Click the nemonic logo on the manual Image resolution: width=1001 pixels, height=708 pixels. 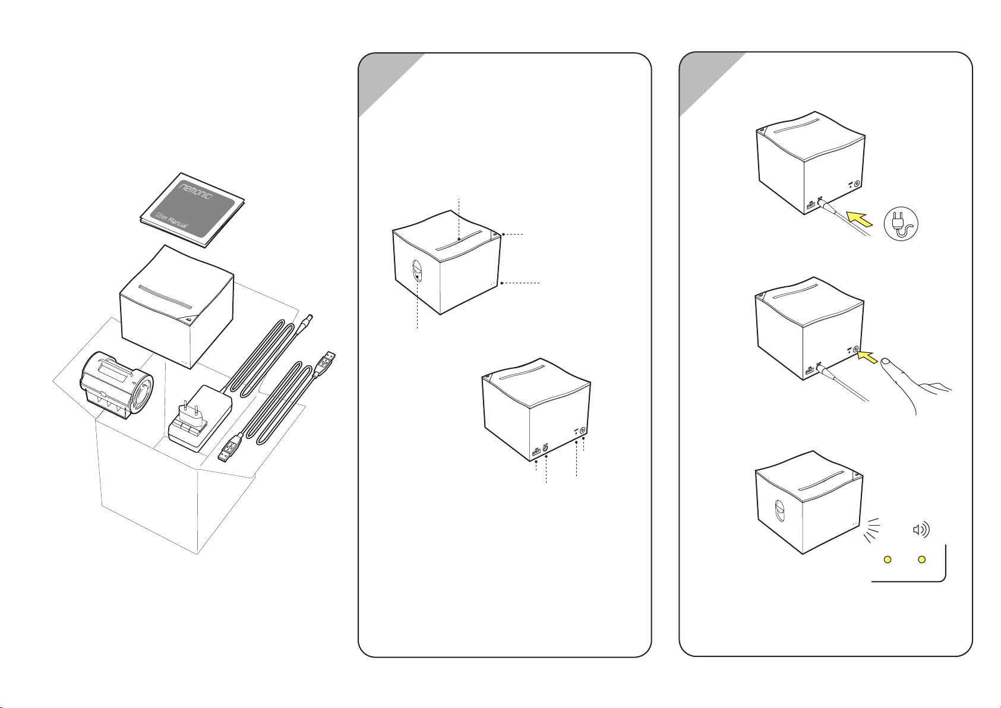pos(195,191)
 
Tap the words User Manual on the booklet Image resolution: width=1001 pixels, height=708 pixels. pos(171,221)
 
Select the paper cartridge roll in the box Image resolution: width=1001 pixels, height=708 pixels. pos(116,385)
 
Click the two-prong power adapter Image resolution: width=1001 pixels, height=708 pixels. pos(200,418)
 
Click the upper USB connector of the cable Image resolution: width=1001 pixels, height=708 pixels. pos(327,361)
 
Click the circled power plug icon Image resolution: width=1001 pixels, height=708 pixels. pos(901,224)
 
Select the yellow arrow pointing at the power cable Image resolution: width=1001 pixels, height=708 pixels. pos(860,219)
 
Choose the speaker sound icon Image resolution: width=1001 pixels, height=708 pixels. pos(921,529)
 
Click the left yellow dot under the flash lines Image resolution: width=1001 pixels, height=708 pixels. pos(888,560)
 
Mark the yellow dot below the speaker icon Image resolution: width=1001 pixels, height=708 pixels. pos(921,560)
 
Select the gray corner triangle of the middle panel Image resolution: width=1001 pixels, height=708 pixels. pos(391,85)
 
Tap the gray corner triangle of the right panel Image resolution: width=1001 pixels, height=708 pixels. pos(712,84)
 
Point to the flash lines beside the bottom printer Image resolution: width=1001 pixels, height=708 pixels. pos(872,530)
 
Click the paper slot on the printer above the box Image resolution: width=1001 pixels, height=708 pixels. pos(165,297)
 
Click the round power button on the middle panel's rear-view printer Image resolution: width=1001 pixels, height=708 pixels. pos(582,431)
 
